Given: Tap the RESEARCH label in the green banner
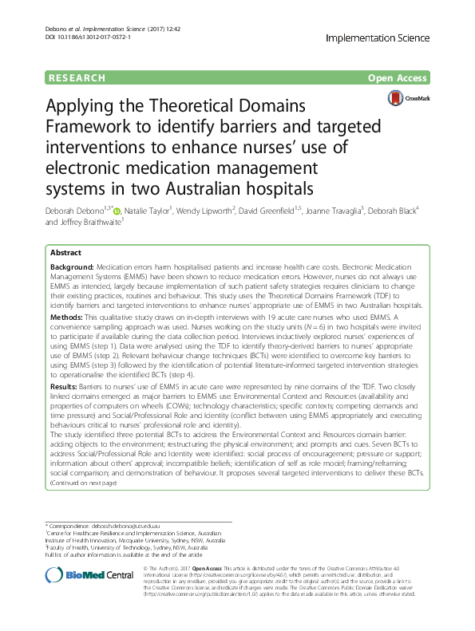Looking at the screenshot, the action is pos(77,77).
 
